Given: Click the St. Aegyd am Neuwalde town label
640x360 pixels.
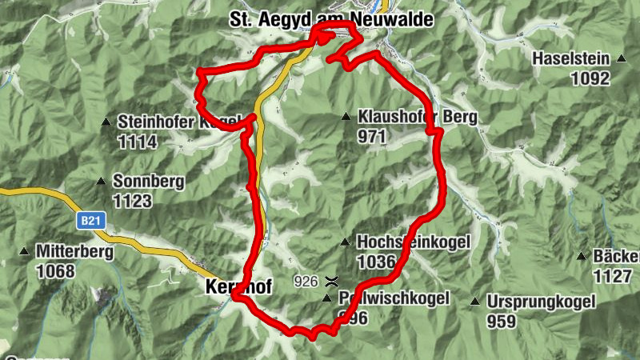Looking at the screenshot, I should click(x=330, y=18).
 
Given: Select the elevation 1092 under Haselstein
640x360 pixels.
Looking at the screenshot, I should click(x=591, y=78).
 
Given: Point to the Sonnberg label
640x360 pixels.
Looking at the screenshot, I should click(x=148, y=182).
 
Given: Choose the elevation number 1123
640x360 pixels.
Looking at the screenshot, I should click(x=133, y=201).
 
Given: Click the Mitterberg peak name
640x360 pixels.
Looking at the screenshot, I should click(x=74, y=251).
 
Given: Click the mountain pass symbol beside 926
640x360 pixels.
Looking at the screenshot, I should click(x=330, y=281).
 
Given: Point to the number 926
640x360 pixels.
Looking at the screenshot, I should click(x=306, y=281).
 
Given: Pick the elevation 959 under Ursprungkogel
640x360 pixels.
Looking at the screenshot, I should click(x=501, y=322).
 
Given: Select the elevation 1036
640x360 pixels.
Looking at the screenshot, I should click(x=377, y=262).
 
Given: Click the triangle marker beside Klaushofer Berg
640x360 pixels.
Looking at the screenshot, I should click(x=346, y=117).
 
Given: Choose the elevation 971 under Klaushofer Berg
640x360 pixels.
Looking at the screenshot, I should click(x=373, y=137).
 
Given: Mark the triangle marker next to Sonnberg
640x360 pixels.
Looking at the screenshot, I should click(x=101, y=181).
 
